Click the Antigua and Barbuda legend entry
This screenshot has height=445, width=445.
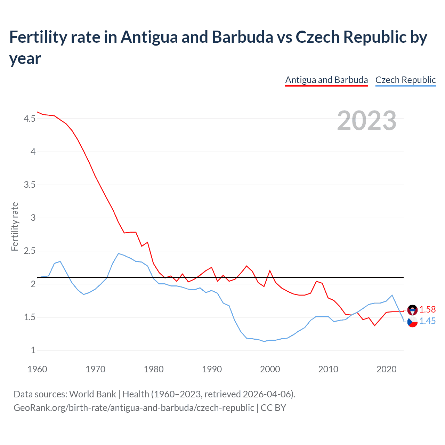pos(326,80)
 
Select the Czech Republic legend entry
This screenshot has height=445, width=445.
pos(405,80)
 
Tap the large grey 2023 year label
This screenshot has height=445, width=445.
pos(367,121)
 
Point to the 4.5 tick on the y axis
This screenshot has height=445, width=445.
pos(30,119)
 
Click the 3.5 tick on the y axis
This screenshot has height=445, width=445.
pos(30,185)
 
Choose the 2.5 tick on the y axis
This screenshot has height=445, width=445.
pos(30,251)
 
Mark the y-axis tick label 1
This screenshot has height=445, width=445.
pos(33,350)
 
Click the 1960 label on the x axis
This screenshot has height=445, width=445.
pos(37,369)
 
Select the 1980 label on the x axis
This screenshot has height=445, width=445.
pos(154,369)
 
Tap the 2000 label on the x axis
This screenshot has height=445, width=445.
pos(270,369)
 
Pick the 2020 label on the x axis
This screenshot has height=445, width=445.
pos(386,369)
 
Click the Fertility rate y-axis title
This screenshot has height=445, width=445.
pos(15,226)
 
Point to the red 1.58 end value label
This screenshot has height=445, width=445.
pos(427,309)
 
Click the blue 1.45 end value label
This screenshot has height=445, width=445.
pos(427,321)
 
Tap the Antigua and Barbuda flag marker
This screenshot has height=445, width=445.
pos(412,310)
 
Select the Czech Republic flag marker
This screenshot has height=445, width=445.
pos(412,322)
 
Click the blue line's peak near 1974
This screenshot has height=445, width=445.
pos(119,253)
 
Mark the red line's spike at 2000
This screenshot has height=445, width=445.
pos(270,270)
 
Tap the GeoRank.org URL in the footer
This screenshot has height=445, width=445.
pos(134,407)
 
